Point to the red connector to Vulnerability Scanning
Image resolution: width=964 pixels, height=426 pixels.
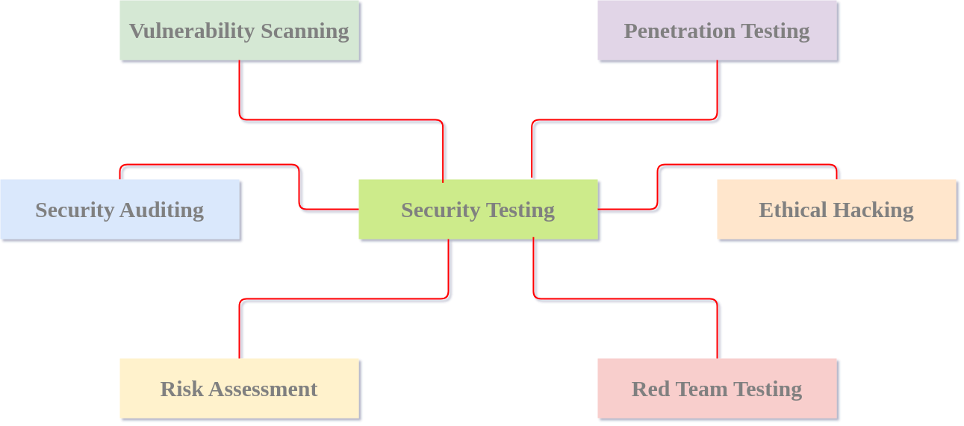point(340,119)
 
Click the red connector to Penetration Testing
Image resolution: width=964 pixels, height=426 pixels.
point(624,119)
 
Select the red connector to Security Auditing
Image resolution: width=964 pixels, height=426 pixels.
point(209,165)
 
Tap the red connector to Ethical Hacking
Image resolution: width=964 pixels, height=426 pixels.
point(747,165)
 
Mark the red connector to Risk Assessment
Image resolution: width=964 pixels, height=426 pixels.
point(343,299)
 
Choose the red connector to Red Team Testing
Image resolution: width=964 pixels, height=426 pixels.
point(626,299)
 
